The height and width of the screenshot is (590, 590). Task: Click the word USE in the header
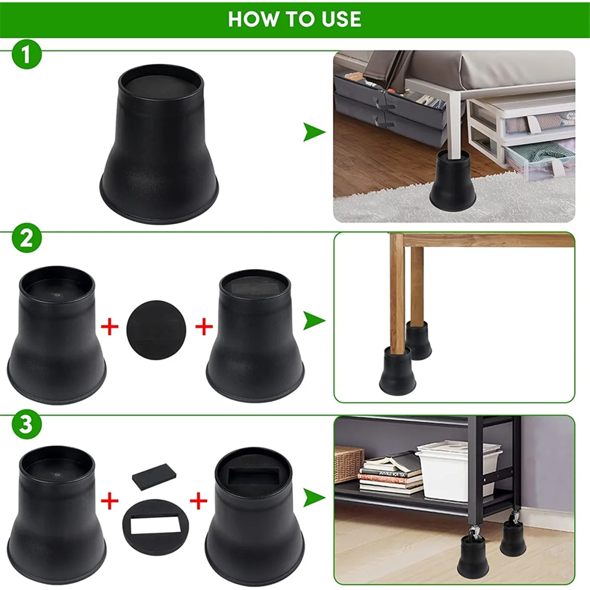[341, 19]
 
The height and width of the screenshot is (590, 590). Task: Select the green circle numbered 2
[26, 238]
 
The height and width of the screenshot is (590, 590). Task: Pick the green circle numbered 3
[26, 424]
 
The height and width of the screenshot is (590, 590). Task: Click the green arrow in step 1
[314, 132]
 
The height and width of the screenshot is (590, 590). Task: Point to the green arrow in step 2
[314, 321]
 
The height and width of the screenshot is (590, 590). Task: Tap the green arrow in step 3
[314, 497]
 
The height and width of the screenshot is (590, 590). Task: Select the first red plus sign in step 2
[110, 326]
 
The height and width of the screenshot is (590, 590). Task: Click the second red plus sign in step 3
[199, 501]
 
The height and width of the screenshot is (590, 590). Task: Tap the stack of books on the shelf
[391, 473]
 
